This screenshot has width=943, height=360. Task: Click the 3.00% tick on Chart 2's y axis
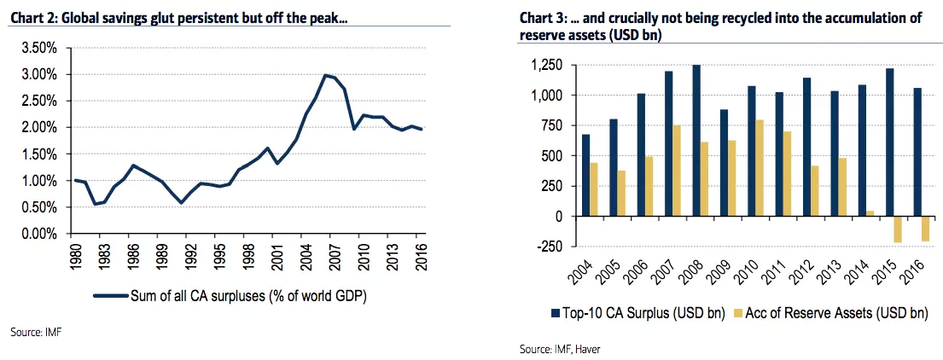pos(38,74)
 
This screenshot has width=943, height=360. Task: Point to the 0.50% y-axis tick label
pos(38,207)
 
